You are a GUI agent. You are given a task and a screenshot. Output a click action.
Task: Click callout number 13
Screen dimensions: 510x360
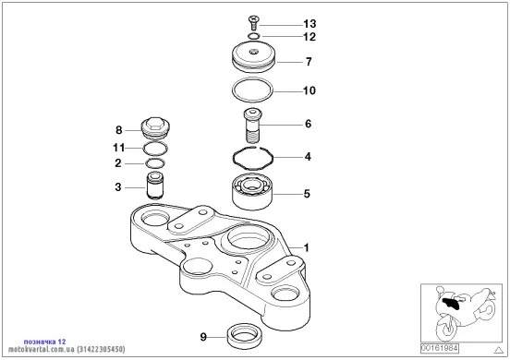click(x=310, y=24)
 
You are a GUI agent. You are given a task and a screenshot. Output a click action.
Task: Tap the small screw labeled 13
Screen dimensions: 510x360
click(x=254, y=22)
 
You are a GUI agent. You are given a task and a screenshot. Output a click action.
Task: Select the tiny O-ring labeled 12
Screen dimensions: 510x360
click(x=254, y=36)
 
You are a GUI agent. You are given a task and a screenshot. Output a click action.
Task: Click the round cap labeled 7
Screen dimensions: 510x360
click(x=254, y=57)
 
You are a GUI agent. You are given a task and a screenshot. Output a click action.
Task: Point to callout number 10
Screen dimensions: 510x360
click(x=310, y=90)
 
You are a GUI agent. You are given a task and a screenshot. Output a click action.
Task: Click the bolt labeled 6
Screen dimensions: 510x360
click(x=252, y=126)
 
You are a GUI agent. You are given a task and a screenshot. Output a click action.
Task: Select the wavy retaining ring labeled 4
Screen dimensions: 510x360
click(x=253, y=158)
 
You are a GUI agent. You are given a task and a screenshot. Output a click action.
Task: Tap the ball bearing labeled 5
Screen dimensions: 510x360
click(x=253, y=192)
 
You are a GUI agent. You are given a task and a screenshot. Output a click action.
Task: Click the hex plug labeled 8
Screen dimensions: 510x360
click(x=156, y=128)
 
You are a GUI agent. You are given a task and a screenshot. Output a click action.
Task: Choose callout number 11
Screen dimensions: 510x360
click(x=118, y=148)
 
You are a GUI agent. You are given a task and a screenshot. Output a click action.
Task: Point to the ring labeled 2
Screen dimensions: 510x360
click(x=155, y=163)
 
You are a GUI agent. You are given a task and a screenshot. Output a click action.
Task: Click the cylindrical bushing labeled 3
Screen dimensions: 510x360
click(x=155, y=186)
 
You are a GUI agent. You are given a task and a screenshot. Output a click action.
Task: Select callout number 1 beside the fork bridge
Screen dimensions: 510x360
click(x=306, y=248)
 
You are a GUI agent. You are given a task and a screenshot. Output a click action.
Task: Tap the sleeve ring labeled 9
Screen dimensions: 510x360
click(x=244, y=336)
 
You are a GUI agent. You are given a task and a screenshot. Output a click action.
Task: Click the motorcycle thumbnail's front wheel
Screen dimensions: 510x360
click(x=446, y=328)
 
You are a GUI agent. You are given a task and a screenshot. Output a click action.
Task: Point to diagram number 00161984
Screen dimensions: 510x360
click(x=440, y=348)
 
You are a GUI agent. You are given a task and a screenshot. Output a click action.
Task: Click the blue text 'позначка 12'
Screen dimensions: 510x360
click(x=44, y=342)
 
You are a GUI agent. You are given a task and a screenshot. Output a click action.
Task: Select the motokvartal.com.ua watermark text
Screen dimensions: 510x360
click(x=67, y=349)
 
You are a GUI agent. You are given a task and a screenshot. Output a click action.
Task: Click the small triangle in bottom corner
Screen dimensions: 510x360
click(x=498, y=350)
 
